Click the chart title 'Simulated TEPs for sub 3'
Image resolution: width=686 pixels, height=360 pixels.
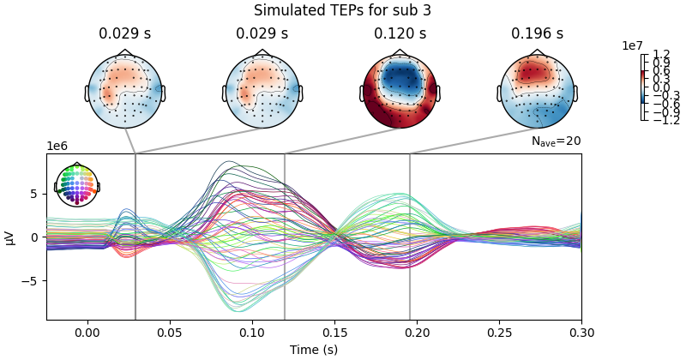[x=342, y=10]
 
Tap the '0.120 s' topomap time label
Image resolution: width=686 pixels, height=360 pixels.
[x=400, y=34]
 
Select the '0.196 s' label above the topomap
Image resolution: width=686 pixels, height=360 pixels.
[x=537, y=34]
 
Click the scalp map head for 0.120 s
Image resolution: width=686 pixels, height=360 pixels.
[x=400, y=91]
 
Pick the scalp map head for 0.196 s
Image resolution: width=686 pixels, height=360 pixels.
[x=537, y=91]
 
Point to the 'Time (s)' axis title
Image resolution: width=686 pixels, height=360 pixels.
[x=314, y=349]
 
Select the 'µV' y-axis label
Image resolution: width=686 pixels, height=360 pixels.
[x=10, y=237]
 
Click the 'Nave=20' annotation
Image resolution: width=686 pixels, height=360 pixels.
[x=556, y=141]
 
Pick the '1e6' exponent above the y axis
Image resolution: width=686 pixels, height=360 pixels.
[x=58, y=147]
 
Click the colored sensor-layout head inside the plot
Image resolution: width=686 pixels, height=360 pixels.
[x=77, y=184]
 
